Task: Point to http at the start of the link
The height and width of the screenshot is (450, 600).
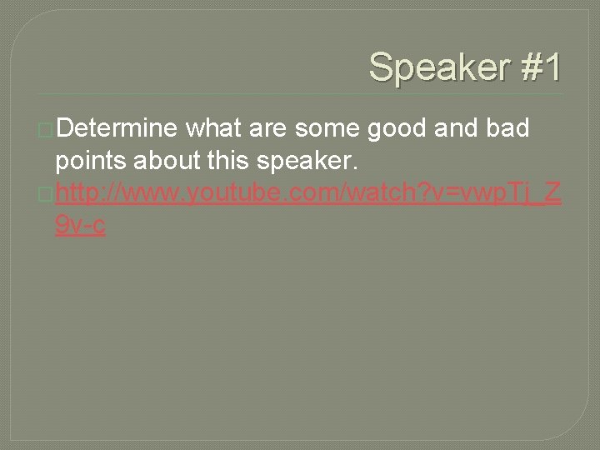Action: click(81, 194)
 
